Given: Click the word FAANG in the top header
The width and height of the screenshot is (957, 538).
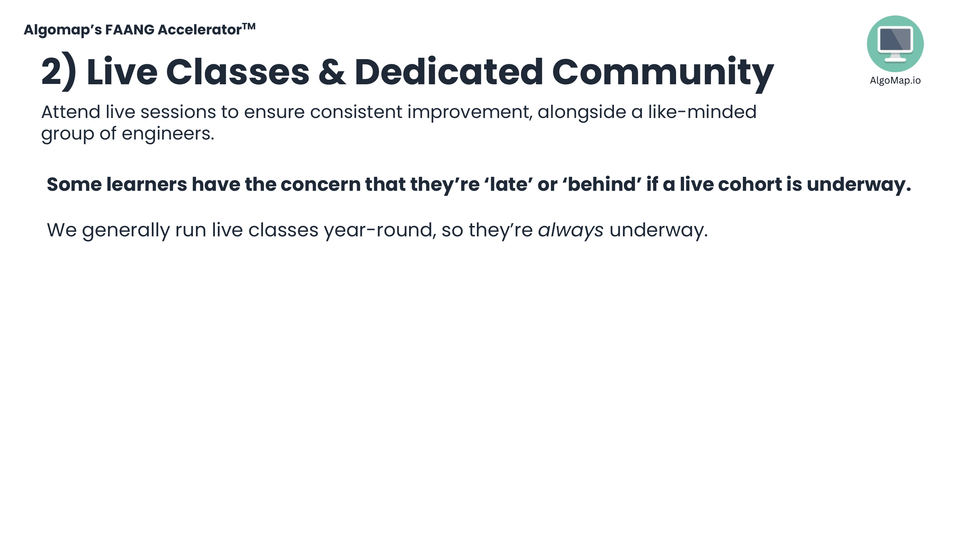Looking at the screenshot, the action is [129, 30].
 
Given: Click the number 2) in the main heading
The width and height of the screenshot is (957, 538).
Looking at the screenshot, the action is [59, 72].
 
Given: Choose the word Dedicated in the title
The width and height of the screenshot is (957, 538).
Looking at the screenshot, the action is [449, 72].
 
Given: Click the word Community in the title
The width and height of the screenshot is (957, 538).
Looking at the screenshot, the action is [663, 74].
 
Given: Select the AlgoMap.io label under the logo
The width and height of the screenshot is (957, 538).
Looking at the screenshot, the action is [895, 81].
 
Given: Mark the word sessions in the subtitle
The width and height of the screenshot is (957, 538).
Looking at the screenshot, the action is [178, 112].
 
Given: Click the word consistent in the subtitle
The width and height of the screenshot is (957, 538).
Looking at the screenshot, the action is [356, 112].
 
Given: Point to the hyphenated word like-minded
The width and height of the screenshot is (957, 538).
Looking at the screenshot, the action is [702, 112].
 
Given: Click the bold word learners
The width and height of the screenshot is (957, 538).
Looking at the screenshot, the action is [146, 184].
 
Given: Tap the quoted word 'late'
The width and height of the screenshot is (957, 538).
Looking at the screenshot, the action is [508, 184].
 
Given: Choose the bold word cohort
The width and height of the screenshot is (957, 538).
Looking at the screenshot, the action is [750, 184].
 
